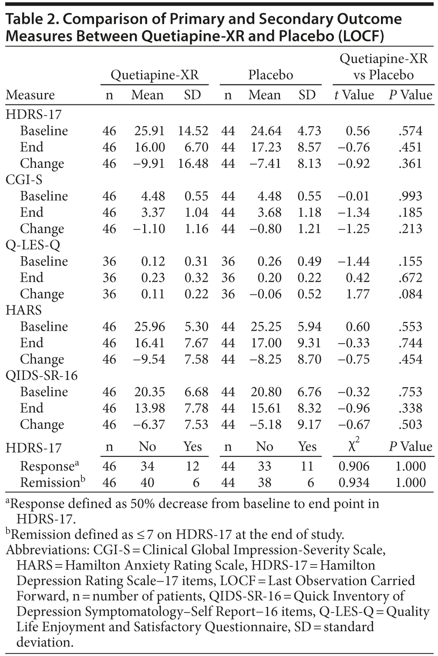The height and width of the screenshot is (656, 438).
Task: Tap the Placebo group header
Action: (x=270, y=75)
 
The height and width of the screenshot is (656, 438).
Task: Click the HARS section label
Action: (x=24, y=310)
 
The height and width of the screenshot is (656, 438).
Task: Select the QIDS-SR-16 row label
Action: (x=42, y=375)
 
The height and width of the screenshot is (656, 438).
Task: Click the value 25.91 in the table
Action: (x=149, y=131)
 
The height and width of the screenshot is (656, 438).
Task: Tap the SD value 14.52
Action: (x=193, y=131)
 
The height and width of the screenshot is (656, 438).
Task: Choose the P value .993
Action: (x=410, y=196)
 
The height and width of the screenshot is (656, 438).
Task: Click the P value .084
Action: (x=410, y=294)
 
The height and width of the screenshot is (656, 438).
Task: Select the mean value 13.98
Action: (x=149, y=408)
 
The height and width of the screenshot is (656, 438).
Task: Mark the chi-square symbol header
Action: (x=354, y=446)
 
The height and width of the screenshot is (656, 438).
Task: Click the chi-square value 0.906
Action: (x=354, y=466)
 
